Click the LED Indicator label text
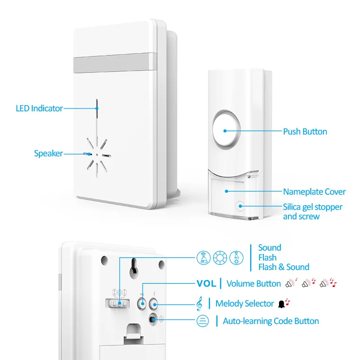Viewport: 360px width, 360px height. coord(39,108)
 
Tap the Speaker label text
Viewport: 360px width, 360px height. coord(48,153)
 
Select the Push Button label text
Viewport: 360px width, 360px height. coord(305,132)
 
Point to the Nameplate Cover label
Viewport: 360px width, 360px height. coord(314,192)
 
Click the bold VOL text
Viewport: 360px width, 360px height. coord(206,284)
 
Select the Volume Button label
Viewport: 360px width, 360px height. coord(253,284)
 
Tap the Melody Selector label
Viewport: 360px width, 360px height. coord(244,304)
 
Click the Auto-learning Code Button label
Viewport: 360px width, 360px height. coord(270,321)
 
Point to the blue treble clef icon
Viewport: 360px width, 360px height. coord(200,303)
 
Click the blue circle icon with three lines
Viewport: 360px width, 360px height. coord(202,321)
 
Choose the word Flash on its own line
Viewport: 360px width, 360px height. coord(267,257)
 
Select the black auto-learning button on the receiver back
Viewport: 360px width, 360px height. coord(153,320)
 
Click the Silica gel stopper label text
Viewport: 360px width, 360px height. coord(313,207)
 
